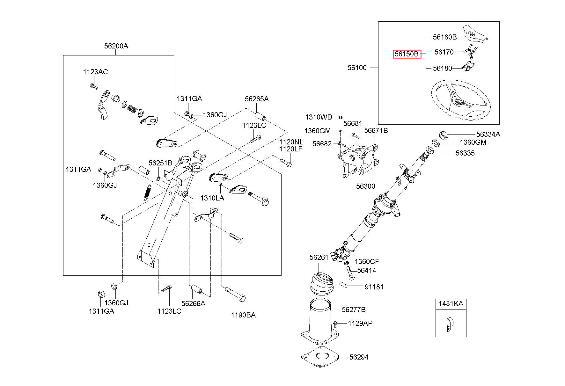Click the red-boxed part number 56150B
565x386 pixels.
tap(407, 54)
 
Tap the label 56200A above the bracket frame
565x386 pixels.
tap(116, 46)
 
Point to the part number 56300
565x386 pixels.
tap(366, 186)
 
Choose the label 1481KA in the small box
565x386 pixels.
tap(451, 303)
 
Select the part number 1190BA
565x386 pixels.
tap(243, 315)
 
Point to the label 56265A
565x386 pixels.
tap(257, 99)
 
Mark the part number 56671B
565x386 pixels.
tap(376, 130)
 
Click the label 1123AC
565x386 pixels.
tap(95, 72)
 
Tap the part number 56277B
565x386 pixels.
tap(354, 310)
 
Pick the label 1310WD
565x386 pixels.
tap(319, 117)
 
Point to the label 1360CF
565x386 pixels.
tap(367, 262)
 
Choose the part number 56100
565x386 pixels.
tap(357, 68)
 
